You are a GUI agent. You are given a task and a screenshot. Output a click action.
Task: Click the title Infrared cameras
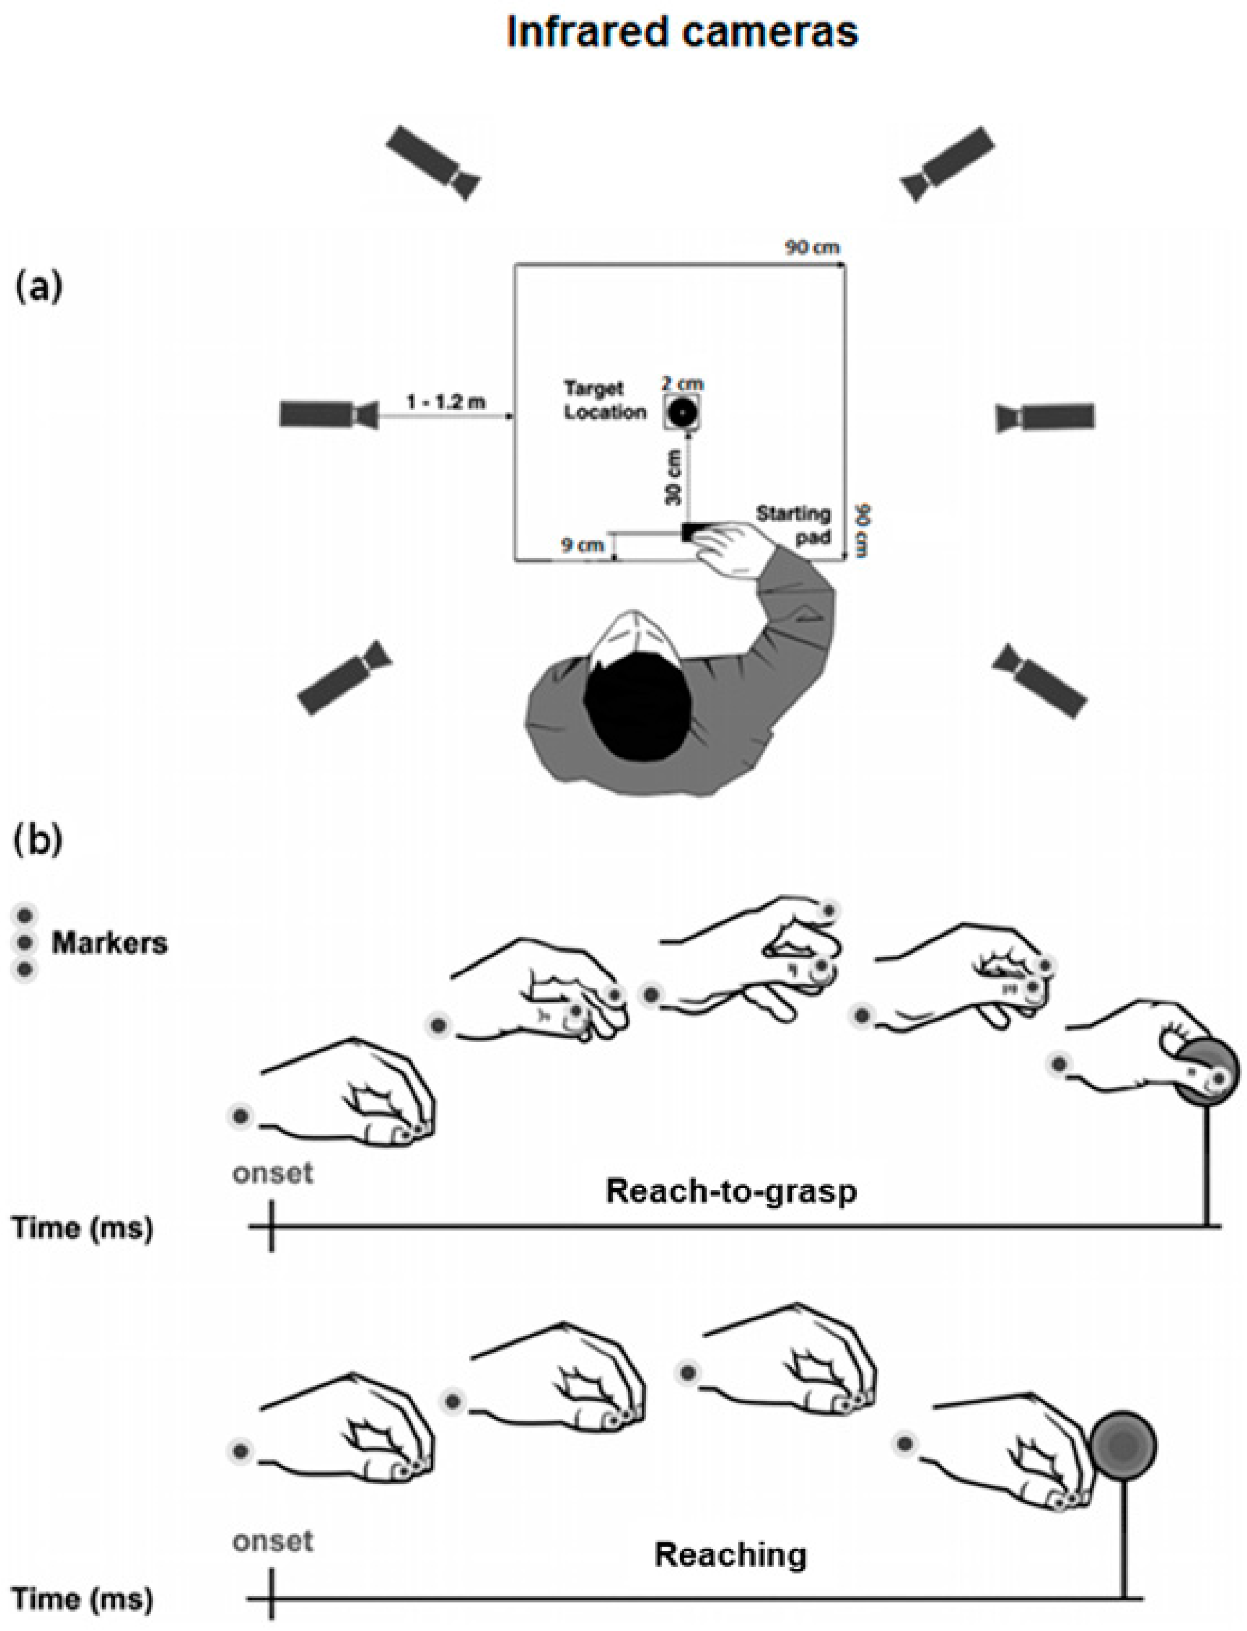[682, 33]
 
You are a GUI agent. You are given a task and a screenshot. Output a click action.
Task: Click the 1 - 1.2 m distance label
[446, 402]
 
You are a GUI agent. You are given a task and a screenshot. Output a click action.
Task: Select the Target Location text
[604, 400]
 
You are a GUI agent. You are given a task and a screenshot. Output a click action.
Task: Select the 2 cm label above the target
[683, 384]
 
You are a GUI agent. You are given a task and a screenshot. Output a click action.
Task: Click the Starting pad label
[793, 524]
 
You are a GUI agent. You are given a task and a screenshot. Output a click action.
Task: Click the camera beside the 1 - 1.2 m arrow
[327, 414]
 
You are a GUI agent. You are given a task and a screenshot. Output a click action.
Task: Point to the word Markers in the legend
[109, 943]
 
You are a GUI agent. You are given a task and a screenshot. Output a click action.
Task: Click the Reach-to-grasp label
[731, 1190]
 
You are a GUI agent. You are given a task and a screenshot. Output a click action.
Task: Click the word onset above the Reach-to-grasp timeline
[272, 1173]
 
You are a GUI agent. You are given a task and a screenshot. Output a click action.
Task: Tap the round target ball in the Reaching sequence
[1124, 1443]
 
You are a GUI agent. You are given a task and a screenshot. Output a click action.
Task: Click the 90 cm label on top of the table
[813, 247]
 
